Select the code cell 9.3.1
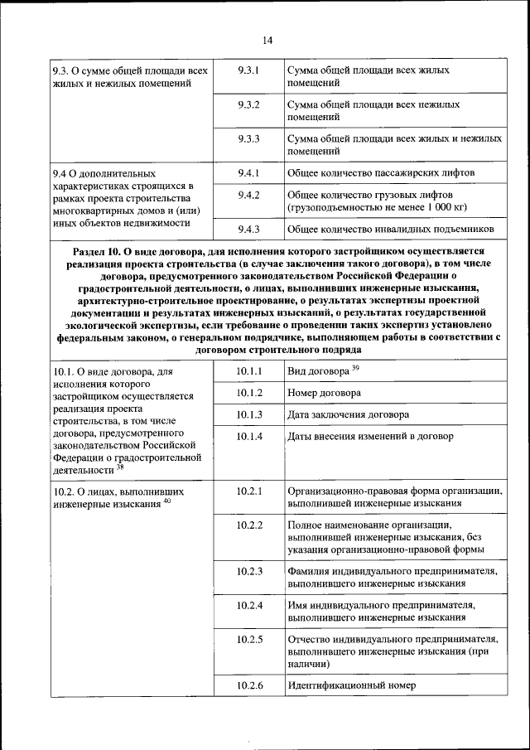coord(248,70)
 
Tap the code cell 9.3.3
coord(248,138)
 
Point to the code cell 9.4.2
coord(248,195)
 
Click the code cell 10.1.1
coord(248,370)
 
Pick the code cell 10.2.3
coord(248,571)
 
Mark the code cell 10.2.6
coord(248,685)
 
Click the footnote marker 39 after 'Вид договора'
coord(355,368)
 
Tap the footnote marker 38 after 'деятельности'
coord(120,467)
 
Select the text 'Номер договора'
coord(324,393)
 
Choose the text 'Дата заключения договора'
coord(348,414)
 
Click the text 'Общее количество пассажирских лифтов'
coord(381,173)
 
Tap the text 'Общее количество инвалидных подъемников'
coord(391,229)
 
